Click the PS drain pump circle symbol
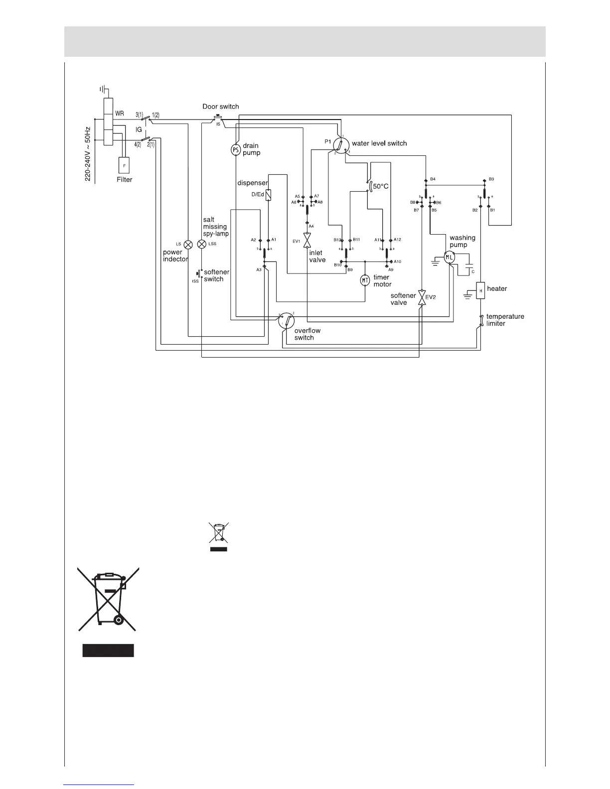(236, 149)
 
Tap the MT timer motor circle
(365, 280)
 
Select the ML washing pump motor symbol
(450, 257)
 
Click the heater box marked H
(480, 290)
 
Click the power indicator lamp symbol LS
(188, 245)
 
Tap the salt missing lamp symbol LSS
(202, 245)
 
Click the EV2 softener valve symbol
(422, 297)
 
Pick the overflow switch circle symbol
(287, 321)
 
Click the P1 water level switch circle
(340, 145)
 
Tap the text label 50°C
(381, 186)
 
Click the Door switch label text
(220, 107)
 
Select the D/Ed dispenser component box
(269, 195)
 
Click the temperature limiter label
(505, 320)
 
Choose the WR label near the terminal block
(120, 114)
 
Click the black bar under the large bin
(108, 650)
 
